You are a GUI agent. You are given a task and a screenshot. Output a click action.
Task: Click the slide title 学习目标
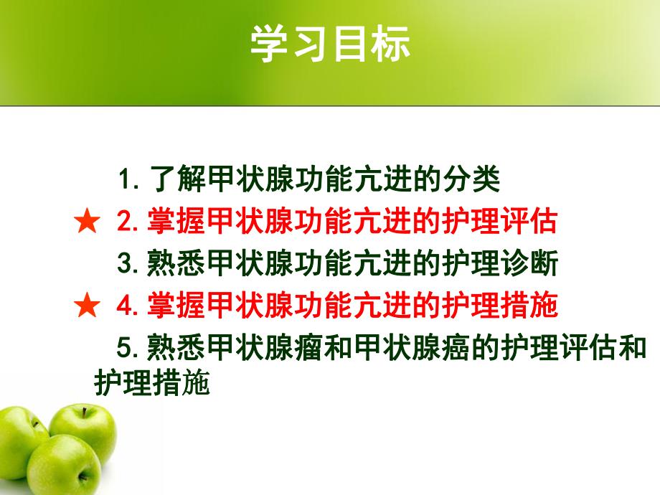[330, 45]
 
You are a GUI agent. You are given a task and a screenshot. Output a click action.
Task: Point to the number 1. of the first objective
[130, 179]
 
